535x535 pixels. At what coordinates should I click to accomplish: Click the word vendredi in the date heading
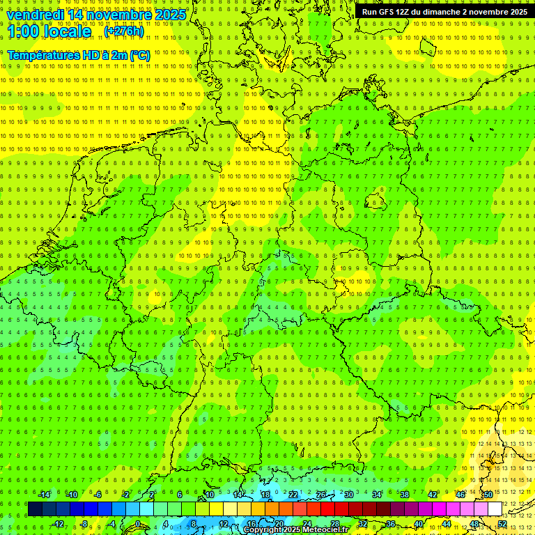35,15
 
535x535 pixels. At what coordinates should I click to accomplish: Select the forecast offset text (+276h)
124,31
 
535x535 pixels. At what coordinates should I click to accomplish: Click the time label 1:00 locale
49,31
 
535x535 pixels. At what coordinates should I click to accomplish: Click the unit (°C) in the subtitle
139,55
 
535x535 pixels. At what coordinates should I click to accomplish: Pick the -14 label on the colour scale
44,495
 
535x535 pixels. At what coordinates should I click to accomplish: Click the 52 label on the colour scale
502,524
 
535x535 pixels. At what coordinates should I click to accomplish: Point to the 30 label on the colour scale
348,495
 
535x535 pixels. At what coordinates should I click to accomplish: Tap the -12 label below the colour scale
58,524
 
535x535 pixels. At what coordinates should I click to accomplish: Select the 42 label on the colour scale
432,495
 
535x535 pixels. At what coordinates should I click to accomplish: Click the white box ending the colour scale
495,509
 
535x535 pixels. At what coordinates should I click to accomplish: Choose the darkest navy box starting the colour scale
35,509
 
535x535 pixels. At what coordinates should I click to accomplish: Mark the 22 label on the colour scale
293,495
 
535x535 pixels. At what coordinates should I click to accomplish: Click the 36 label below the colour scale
390,524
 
